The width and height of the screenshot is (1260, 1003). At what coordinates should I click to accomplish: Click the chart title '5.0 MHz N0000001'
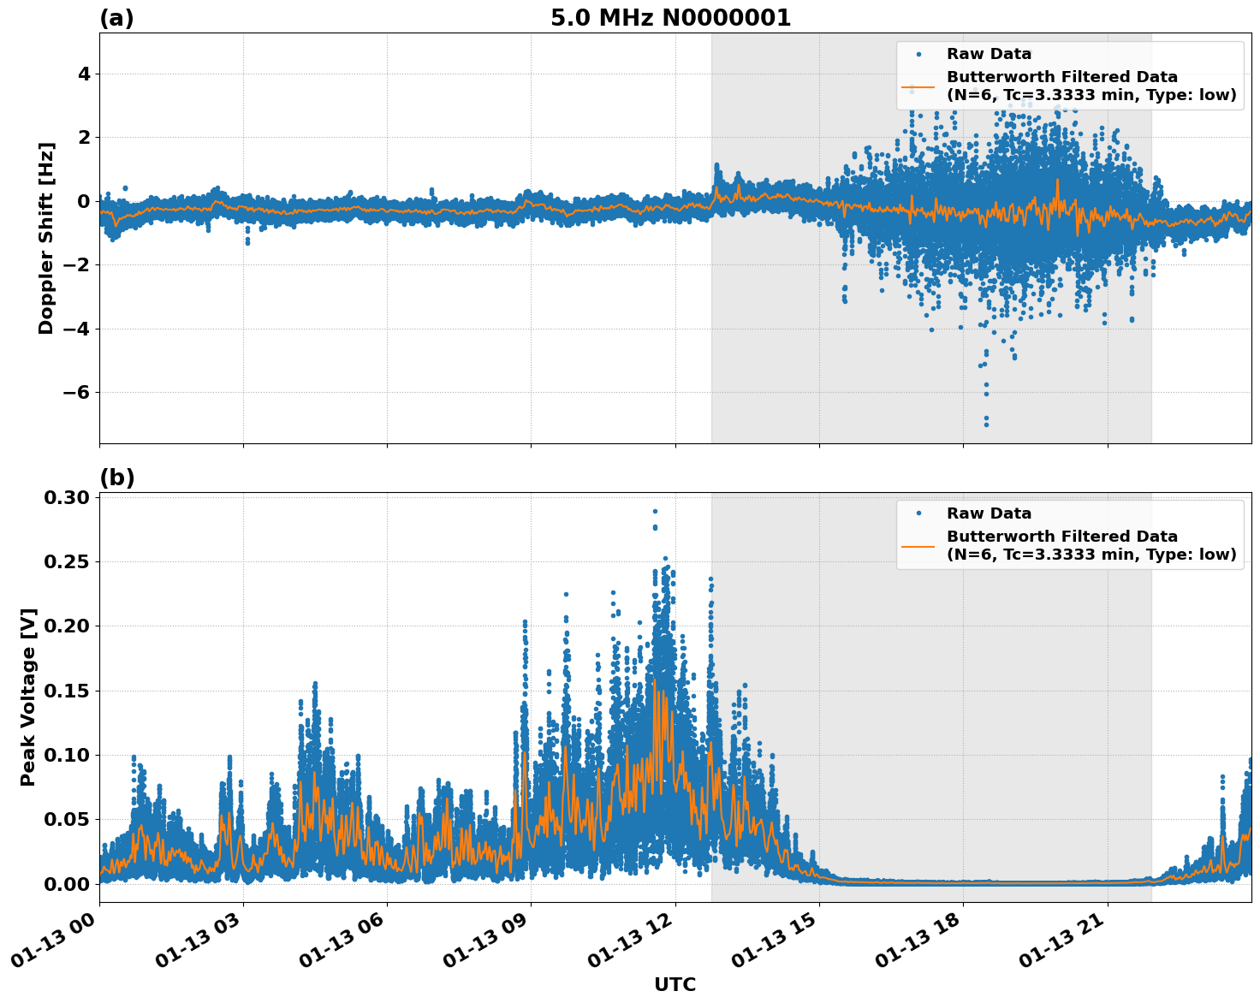click(670, 18)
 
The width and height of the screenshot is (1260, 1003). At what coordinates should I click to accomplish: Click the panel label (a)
click(116, 18)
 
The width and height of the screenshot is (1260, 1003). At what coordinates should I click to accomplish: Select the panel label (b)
click(116, 478)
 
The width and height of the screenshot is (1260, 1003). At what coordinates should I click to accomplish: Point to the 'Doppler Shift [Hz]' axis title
click(46, 238)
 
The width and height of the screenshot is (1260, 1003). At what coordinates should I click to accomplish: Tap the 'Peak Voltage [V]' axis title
click(28, 697)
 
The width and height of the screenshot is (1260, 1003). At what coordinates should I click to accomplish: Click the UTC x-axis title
click(675, 984)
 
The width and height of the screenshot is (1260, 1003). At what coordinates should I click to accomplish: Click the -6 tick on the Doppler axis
click(72, 393)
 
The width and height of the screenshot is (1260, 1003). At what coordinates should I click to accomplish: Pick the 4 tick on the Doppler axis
click(83, 74)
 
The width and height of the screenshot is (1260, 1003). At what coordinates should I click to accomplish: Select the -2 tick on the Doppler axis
click(72, 265)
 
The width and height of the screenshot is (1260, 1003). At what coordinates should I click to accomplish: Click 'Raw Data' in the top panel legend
click(989, 54)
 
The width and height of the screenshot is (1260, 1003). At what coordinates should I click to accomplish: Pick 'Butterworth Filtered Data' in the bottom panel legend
click(1061, 537)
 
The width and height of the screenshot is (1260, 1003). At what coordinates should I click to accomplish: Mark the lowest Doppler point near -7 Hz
click(986, 424)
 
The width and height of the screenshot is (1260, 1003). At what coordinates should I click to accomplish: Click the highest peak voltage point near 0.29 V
click(655, 511)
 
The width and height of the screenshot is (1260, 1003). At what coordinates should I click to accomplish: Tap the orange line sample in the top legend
click(918, 86)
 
